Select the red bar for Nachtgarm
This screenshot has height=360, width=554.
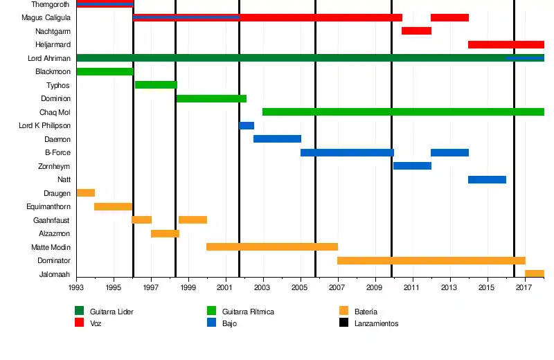[416, 31]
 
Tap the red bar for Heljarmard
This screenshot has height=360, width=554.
[506, 45]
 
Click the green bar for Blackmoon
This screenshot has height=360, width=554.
[105, 72]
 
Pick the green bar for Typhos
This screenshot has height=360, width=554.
[156, 85]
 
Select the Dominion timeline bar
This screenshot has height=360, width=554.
[211, 99]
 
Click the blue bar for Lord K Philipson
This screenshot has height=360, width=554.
[247, 126]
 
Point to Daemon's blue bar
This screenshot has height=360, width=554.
[277, 139]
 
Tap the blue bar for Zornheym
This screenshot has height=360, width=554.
[412, 166]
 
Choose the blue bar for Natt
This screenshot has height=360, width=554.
[487, 180]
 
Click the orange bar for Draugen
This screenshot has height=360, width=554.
[86, 193]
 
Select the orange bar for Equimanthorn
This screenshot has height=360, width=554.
[113, 207]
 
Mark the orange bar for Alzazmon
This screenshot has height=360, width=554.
[165, 234]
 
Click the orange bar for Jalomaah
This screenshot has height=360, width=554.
[535, 274]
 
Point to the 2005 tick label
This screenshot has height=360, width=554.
[300, 287]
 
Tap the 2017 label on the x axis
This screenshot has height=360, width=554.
[524, 287]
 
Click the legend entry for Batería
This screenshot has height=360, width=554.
[365, 312]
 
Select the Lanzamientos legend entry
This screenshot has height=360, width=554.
[376, 323]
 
